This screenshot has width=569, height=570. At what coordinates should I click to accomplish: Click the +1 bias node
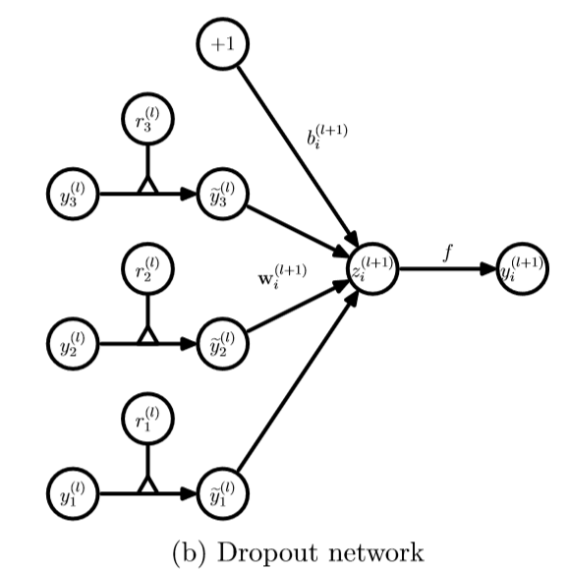[x=223, y=43]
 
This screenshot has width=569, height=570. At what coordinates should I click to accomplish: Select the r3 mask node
[x=147, y=119]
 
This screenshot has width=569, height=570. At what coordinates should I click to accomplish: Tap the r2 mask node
[x=147, y=269]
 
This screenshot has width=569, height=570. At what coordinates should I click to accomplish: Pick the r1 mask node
[x=147, y=419]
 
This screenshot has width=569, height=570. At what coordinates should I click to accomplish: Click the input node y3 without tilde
[x=73, y=194]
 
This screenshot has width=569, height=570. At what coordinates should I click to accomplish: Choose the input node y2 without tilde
[x=73, y=344]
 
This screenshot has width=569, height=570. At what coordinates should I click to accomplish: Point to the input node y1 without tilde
[x=73, y=493]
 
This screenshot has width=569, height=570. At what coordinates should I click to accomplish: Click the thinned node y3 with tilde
[x=223, y=194]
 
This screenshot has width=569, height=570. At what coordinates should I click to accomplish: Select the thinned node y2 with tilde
[x=223, y=344]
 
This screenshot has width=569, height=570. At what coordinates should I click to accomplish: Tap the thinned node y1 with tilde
[x=223, y=493]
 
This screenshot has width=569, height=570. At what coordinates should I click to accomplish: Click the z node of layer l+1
[x=372, y=269]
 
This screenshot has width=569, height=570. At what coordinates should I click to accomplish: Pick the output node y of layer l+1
[x=523, y=269]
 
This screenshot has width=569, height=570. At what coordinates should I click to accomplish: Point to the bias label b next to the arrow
[x=327, y=137]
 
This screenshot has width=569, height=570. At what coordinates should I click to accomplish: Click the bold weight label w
[x=282, y=277]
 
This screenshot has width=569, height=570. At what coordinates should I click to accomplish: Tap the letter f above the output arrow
[x=448, y=253]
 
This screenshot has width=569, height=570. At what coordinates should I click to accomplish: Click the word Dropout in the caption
[x=268, y=553]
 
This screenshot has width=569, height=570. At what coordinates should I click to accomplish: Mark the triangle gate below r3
[x=147, y=185]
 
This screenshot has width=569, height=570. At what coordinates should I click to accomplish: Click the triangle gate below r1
[x=147, y=484]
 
